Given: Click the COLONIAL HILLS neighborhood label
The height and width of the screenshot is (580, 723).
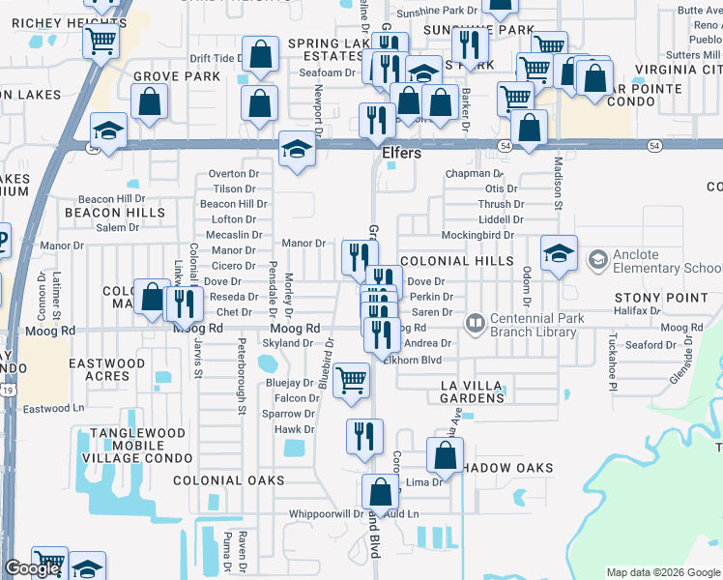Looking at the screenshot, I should pyautogui.click(x=456, y=261).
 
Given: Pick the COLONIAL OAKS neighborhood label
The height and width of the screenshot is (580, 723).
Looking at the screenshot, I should pyautogui.click(x=228, y=480).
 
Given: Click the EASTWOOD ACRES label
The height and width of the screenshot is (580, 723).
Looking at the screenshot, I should pyautogui.click(x=106, y=370).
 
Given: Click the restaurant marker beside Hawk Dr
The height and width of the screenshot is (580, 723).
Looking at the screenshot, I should pyautogui.click(x=364, y=435).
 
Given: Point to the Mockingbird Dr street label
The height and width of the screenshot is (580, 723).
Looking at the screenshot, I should pyautogui.click(x=477, y=235).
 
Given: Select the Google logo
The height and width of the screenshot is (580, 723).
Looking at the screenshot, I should pyautogui.click(x=32, y=569).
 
